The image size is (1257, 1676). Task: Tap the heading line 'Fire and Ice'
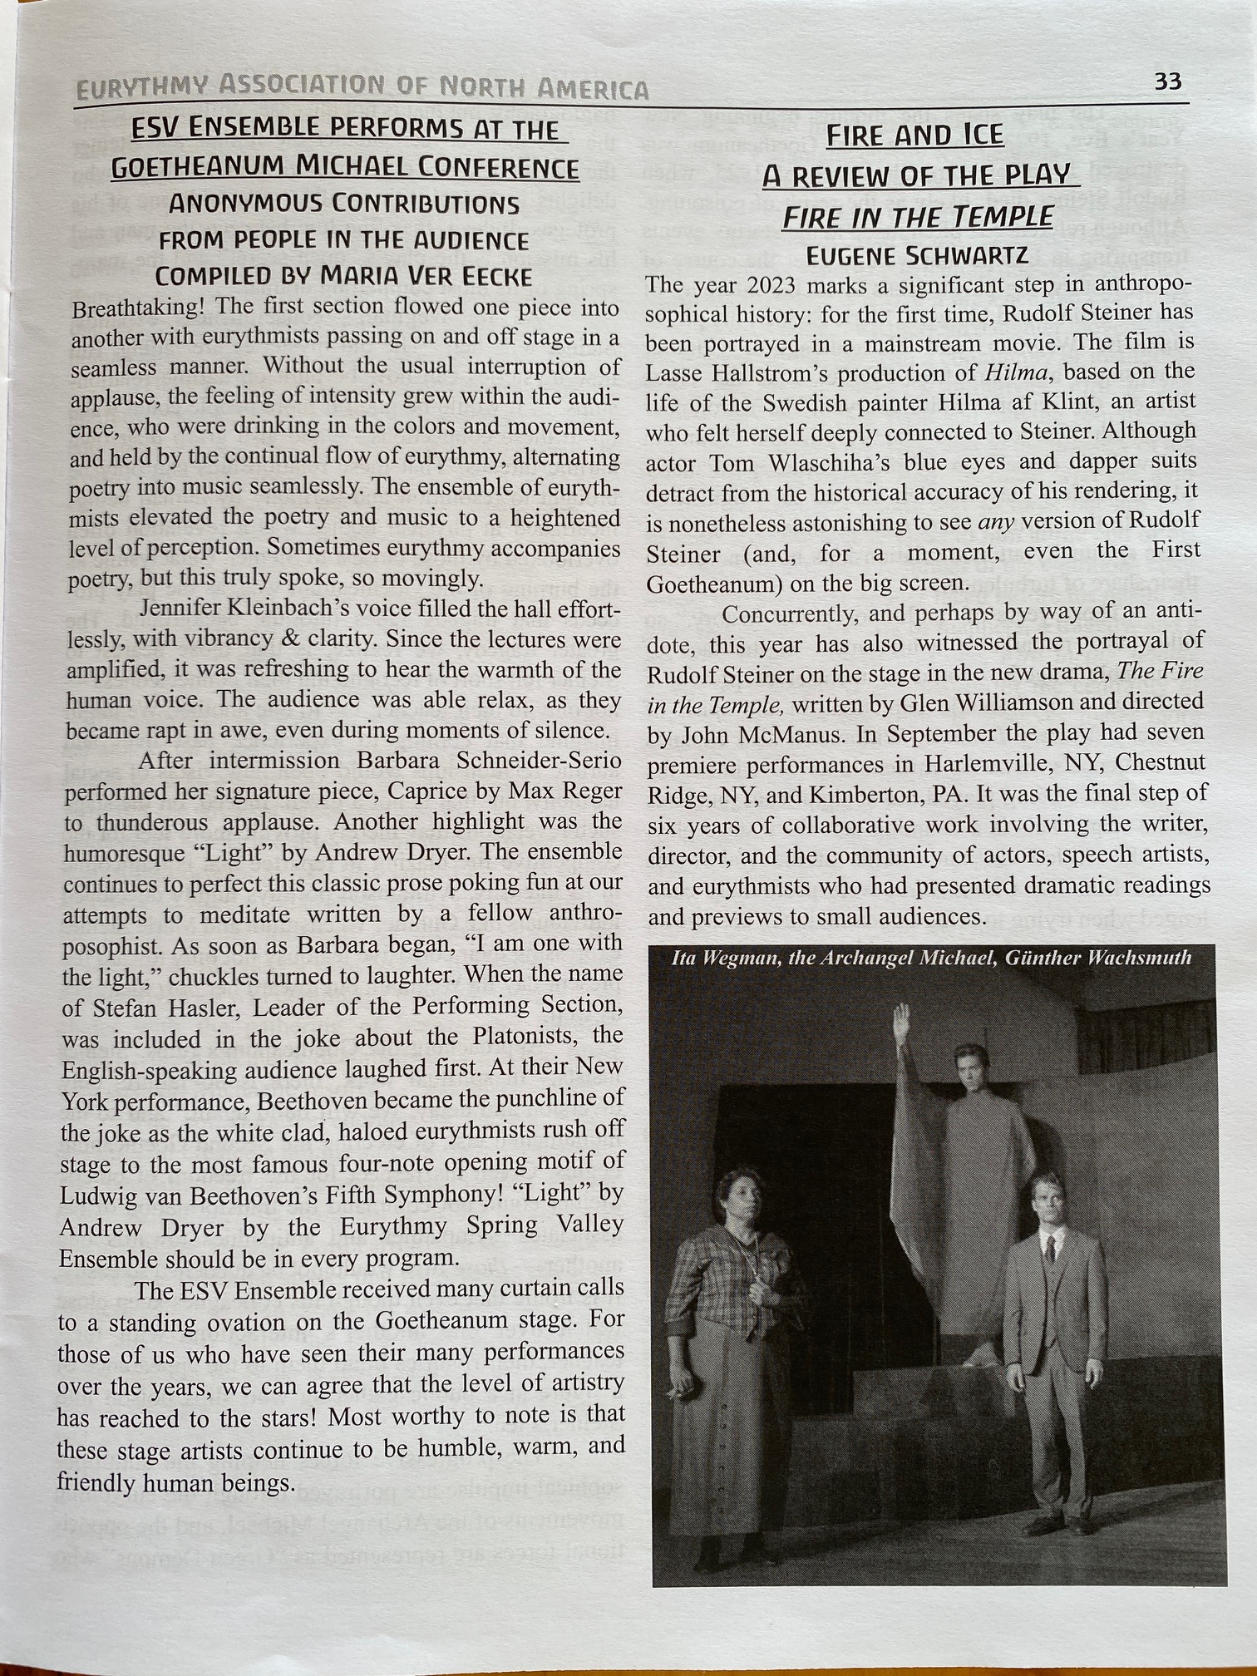click(x=914, y=136)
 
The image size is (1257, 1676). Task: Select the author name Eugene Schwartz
click(x=917, y=255)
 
